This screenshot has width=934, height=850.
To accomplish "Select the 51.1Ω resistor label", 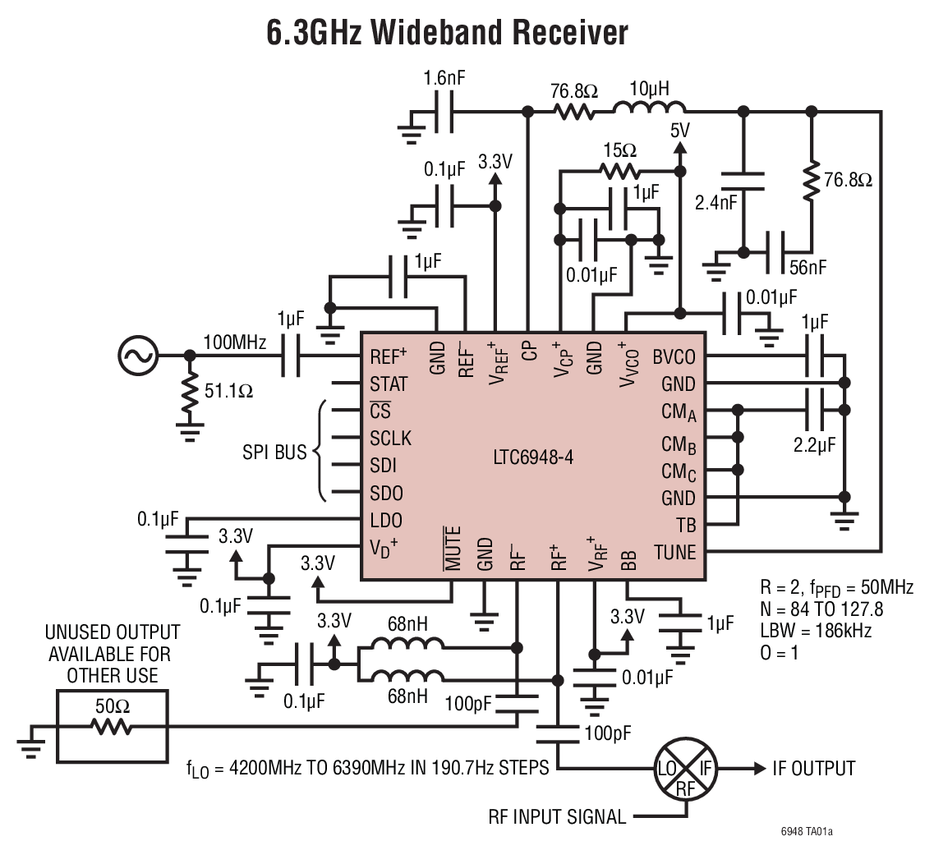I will tap(228, 393).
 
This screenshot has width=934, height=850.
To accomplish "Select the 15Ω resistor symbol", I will tap(619, 171).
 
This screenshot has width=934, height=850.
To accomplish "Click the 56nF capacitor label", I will tap(807, 268).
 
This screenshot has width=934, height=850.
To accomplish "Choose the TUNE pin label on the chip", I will tap(674, 552).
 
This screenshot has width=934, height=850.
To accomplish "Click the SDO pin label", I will tap(384, 494).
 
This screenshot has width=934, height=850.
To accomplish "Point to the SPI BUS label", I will tap(274, 453).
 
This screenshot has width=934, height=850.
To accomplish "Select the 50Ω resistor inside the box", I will tap(112, 727).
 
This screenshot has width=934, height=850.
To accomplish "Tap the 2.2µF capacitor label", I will tap(814, 445).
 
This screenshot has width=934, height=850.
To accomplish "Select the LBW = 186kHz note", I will tap(817, 631).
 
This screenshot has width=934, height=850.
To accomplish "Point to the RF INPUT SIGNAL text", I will tap(555, 816).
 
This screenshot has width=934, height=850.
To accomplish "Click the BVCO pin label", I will tap(674, 356).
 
